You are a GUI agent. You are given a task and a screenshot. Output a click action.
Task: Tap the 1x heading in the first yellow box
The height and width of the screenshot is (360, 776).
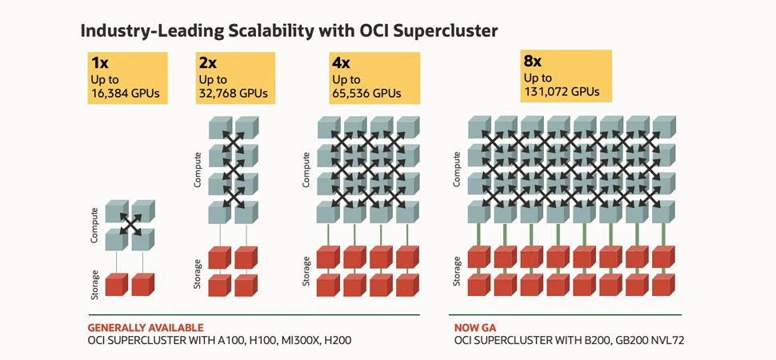coord(100,63)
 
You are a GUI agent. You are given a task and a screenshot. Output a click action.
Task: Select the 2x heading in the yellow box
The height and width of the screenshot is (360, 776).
coord(208,63)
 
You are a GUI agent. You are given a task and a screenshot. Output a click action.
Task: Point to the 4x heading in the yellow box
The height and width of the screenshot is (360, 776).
coord(342,63)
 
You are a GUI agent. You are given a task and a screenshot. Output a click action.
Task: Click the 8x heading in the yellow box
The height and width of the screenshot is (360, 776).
coord(534,61)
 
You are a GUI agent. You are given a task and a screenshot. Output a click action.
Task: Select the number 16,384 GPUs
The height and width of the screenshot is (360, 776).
coord(126,94)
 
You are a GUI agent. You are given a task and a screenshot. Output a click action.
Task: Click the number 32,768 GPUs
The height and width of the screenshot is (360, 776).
coord(233,94)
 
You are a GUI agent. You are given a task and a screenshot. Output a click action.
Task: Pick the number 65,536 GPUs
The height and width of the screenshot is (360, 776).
coord(366,94)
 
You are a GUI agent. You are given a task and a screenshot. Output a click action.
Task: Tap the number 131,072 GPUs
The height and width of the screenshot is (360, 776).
coord(562,91)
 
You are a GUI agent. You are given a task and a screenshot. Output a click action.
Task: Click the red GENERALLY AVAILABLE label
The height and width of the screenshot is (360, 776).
coord(145,327)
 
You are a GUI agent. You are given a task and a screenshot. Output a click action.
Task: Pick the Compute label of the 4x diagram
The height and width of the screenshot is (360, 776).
coord(306,169)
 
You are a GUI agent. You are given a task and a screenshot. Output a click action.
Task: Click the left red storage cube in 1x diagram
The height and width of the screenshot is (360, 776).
coord(116,284)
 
